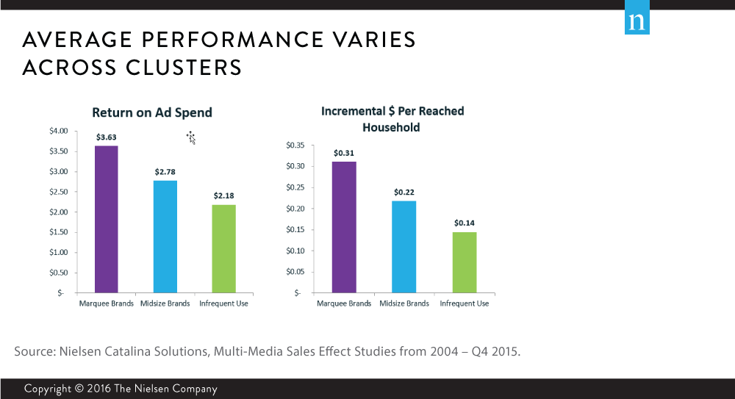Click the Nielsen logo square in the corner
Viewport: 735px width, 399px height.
[637, 22]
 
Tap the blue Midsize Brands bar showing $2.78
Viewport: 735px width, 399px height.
[165, 236]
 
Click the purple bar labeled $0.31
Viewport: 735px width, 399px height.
[344, 227]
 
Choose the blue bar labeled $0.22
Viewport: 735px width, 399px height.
[404, 246]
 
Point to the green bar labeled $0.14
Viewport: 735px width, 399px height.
[465, 262]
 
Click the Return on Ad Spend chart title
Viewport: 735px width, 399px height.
[152, 112]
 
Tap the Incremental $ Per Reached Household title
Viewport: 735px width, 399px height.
[392, 119]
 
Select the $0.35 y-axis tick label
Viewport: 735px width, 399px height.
[295, 145]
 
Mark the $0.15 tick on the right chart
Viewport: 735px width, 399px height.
[295, 230]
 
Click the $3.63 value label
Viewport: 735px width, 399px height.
[107, 137]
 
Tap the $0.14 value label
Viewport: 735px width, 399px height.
[465, 223]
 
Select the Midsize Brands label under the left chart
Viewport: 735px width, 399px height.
[165, 303]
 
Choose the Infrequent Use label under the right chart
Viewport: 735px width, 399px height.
[464, 303]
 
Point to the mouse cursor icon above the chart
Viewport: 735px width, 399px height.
[191, 137]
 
